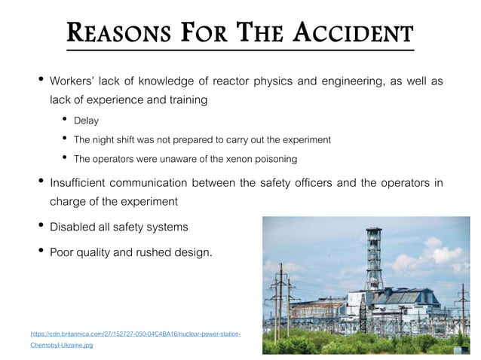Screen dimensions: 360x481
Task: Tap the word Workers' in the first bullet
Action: tap(75, 81)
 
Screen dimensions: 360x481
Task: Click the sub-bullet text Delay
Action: tap(86, 121)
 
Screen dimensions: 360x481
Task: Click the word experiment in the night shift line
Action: tap(305, 139)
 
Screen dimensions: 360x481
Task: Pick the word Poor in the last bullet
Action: tap(63, 252)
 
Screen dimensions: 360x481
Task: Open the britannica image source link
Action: tap(136, 332)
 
